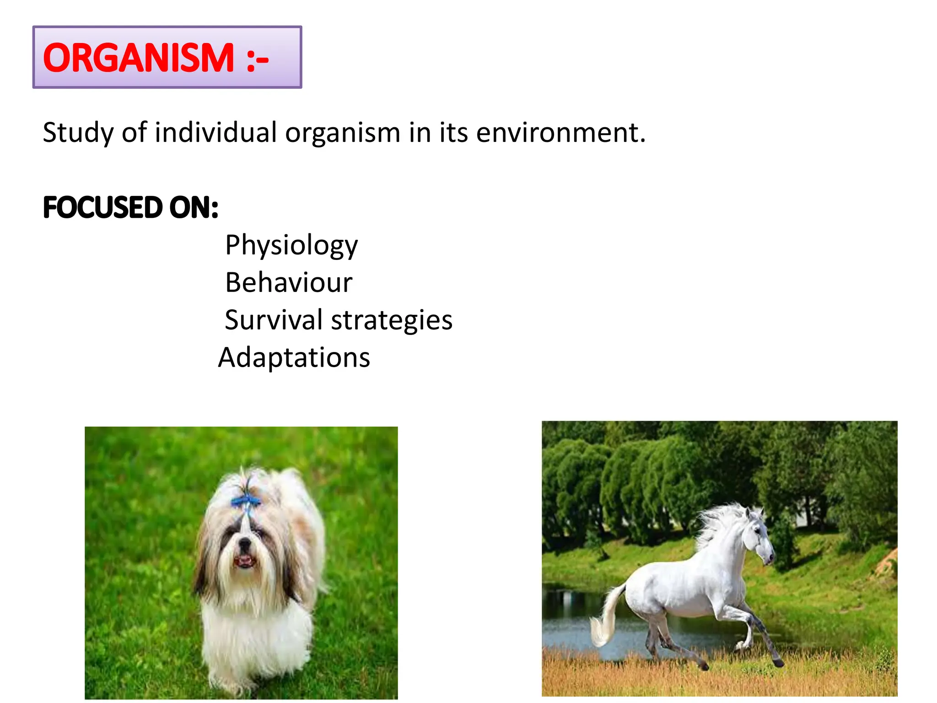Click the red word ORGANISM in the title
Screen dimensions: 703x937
pyautogui.click(x=138, y=58)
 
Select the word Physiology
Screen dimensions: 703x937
pyautogui.click(x=291, y=245)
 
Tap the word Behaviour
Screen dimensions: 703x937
pyautogui.click(x=289, y=282)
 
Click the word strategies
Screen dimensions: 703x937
pyautogui.click(x=392, y=320)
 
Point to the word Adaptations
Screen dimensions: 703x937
pyautogui.click(x=294, y=357)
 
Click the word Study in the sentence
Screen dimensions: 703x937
pyautogui.click(x=78, y=133)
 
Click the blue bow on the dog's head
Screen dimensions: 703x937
pyautogui.click(x=245, y=501)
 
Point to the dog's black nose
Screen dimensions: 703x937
pyautogui.click(x=245, y=545)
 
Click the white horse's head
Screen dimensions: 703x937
pyautogui.click(x=759, y=535)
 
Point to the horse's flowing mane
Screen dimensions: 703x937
pyautogui.click(x=718, y=522)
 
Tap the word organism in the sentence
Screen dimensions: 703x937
pyautogui.click(x=343, y=133)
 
